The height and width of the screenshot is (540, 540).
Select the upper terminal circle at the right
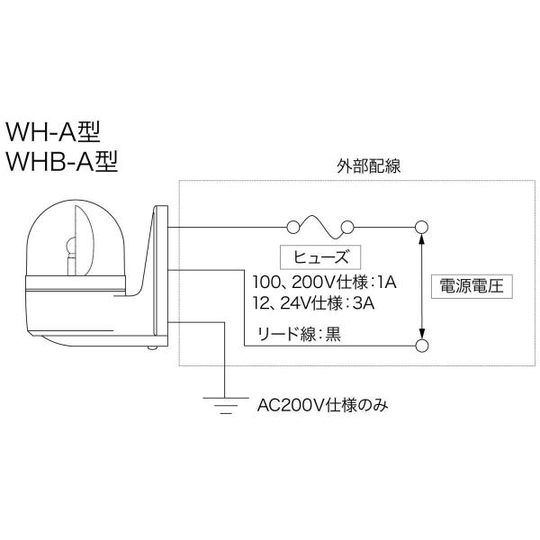click(x=421, y=225)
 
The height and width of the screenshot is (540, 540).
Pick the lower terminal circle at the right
click(x=421, y=346)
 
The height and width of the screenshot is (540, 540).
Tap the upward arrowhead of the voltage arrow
click(x=421, y=238)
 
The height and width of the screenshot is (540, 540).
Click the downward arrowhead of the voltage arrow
click(x=421, y=332)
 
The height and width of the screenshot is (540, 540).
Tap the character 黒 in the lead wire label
click(x=333, y=335)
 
